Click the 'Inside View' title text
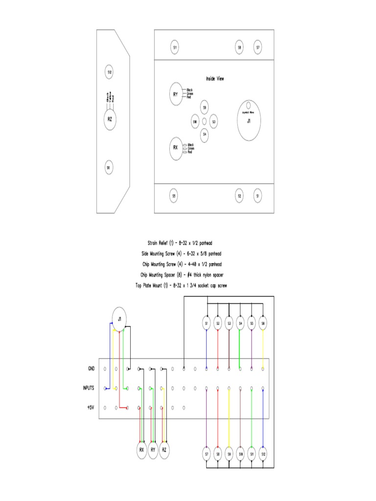point(215,78)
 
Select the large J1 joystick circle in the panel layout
point(249,120)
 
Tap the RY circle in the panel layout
point(175,94)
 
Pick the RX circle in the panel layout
point(175,147)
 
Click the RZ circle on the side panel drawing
point(110,118)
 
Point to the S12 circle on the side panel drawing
point(109,72)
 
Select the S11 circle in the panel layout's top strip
point(175,47)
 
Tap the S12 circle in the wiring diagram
point(263,454)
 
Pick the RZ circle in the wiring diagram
point(164,449)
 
